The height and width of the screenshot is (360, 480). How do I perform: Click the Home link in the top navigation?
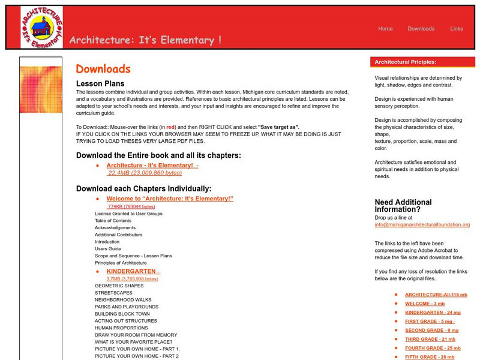click(x=385, y=29)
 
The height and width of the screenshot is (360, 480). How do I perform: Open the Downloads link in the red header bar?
click(x=421, y=29)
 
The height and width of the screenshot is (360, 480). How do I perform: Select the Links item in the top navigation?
click(x=457, y=29)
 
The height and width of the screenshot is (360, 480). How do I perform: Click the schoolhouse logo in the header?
click(x=41, y=27)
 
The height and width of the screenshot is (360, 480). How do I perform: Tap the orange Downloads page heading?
click(x=103, y=69)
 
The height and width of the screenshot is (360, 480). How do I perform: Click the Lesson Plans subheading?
click(x=100, y=83)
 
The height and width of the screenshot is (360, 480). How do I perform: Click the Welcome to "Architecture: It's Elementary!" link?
click(x=170, y=199)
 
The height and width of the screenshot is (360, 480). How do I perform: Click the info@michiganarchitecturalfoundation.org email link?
click(x=422, y=224)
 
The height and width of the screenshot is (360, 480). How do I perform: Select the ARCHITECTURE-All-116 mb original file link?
click(x=436, y=295)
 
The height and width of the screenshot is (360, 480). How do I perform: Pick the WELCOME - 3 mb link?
click(x=424, y=304)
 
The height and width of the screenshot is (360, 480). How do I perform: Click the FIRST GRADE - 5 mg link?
click(x=430, y=322)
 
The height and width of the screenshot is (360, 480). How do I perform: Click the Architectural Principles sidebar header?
click(x=406, y=62)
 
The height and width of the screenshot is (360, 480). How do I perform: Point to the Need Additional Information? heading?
click(x=403, y=206)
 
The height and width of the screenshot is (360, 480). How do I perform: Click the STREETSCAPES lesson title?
click(x=113, y=293)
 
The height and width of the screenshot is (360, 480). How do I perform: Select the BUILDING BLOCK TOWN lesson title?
click(x=122, y=314)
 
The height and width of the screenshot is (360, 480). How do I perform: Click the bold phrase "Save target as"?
click(x=278, y=127)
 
